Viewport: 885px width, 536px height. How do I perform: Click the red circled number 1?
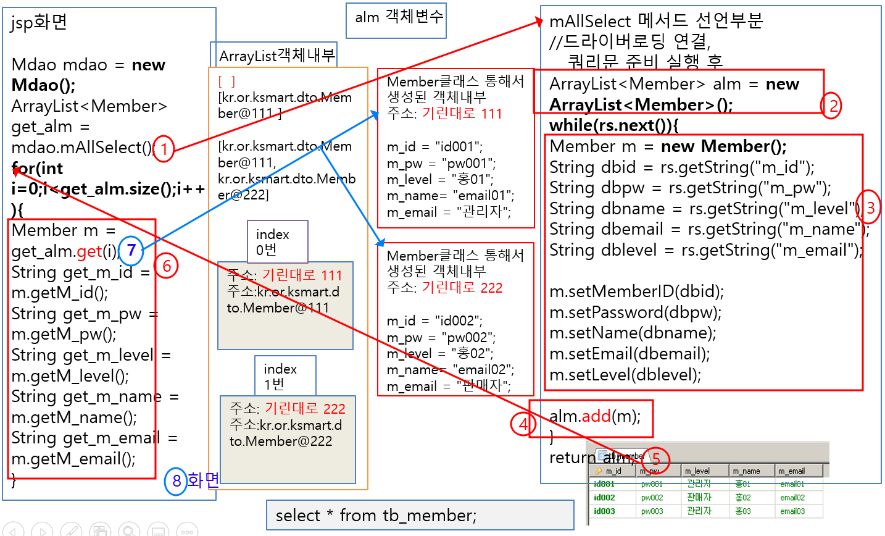click(x=164, y=149)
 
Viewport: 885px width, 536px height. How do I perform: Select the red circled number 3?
click(x=870, y=208)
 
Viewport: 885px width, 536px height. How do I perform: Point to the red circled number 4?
click(x=523, y=424)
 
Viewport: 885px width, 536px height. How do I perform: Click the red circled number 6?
click(x=166, y=266)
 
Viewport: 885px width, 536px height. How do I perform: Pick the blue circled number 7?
click(x=131, y=250)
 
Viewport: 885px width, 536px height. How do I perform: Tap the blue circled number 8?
click(x=176, y=480)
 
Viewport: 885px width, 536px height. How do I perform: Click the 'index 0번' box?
click(x=277, y=242)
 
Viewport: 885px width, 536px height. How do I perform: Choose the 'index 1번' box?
click(x=285, y=376)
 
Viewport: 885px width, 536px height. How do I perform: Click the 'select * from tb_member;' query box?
click(x=420, y=515)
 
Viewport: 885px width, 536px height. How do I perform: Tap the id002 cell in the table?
click(x=604, y=498)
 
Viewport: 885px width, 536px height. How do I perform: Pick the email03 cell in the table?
click(x=792, y=511)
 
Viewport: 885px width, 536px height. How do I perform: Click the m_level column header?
click(x=697, y=471)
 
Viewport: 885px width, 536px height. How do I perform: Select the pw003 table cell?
click(x=652, y=511)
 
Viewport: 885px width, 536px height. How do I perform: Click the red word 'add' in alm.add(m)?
click(x=596, y=416)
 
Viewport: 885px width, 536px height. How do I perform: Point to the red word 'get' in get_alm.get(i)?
click(x=89, y=251)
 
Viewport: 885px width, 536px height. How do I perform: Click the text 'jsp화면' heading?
click(x=38, y=23)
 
